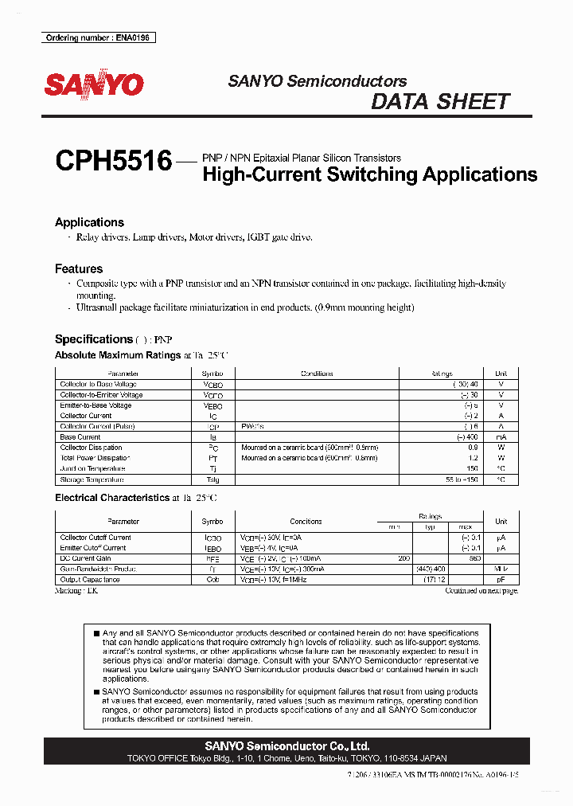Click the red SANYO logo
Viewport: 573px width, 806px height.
click(x=93, y=85)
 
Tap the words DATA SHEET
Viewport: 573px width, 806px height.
click(x=440, y=102)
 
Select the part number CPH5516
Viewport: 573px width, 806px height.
click(x=113, y=162)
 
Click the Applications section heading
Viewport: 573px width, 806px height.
click(x=89, y=222)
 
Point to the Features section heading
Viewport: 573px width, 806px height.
click(x=79, y=269)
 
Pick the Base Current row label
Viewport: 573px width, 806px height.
click(x=80, y=437)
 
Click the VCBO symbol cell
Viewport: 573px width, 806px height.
click(x=212, y=385)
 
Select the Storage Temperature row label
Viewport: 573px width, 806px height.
click(x=92, y=479)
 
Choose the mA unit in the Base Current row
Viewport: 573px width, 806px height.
click(x=501, y=437)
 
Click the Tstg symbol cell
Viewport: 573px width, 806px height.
click(x=212, y=479)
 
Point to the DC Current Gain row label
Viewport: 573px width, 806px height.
click(x=86, y=558)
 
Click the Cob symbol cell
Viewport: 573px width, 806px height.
click(x=212, y=580)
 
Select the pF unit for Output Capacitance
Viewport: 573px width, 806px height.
click(x=501, y=580)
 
